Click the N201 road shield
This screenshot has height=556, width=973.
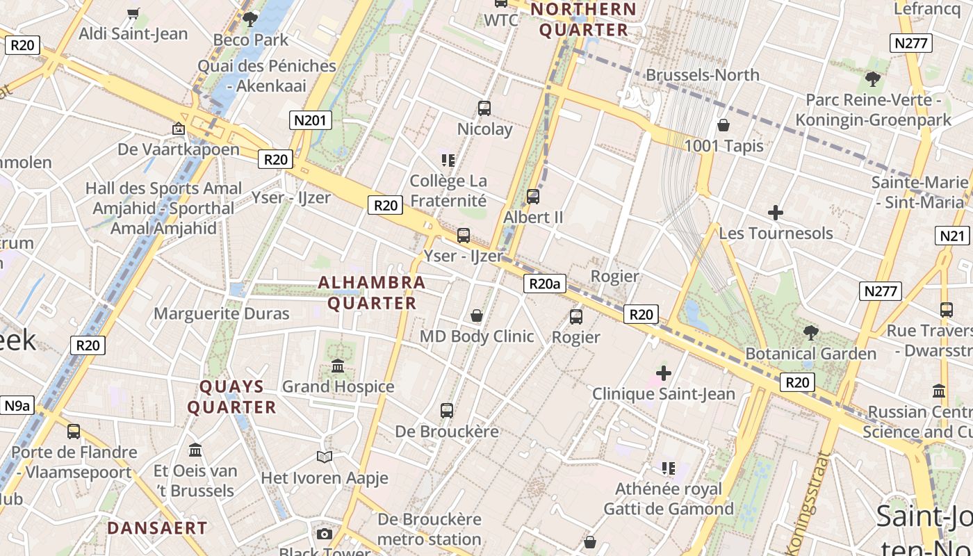(310, 120)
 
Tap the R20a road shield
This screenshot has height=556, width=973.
(544, 284)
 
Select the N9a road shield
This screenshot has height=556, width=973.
(17, 406)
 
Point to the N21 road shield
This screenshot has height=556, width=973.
(952, 236)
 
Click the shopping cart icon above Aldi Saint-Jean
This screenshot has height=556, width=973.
(133, 13)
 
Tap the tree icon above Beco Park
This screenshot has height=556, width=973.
(250, 19)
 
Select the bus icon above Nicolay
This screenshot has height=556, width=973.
(484, 108)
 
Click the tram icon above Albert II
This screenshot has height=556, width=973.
(533, 197)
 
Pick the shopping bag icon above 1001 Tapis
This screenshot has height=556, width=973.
(723, 125)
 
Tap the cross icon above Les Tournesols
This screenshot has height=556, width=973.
(776, 213)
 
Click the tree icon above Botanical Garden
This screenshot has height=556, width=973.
(810, 333)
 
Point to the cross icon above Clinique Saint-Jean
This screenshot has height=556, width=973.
(664, 373)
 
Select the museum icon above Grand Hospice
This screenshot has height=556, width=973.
(338, 366)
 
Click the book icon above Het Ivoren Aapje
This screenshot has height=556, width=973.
(324, 457)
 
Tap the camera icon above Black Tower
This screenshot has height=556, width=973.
(324, 534)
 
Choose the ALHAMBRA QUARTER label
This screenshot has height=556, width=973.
(372, 293)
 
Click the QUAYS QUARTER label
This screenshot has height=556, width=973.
(232, 397)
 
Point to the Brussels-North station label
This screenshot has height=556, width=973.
(703, 75)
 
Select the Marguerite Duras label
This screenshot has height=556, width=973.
(221, 313)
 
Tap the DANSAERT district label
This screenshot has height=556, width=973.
(157, 528)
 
